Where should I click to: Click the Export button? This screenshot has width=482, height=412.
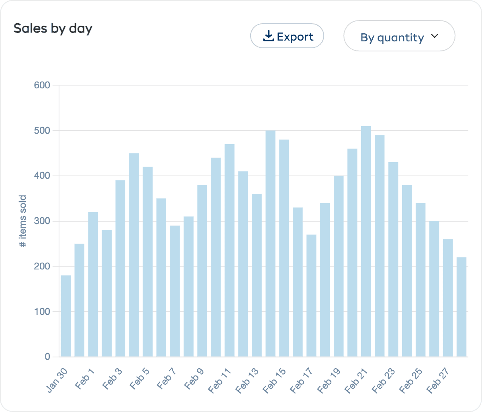tap(287, 36)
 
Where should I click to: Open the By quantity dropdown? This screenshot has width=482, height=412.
tap(399, 36)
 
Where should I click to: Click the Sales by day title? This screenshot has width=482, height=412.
tap(53, 29)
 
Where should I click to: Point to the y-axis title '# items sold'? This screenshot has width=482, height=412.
tap(23, 221)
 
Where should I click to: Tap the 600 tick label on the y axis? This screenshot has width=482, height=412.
tap(42, 85)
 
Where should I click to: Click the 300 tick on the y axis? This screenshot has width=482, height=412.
tap(42, 221)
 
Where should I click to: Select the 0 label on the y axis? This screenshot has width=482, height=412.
tap(47, 357)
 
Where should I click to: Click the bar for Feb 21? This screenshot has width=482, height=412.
tap(366, 241)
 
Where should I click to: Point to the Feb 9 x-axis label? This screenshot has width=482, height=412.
tap(194, 379)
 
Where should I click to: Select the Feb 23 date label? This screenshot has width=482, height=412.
tap(384, 380)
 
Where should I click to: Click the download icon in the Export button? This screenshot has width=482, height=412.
tap(268, 36)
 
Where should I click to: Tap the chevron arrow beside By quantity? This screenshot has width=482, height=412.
tap(435, 36)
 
